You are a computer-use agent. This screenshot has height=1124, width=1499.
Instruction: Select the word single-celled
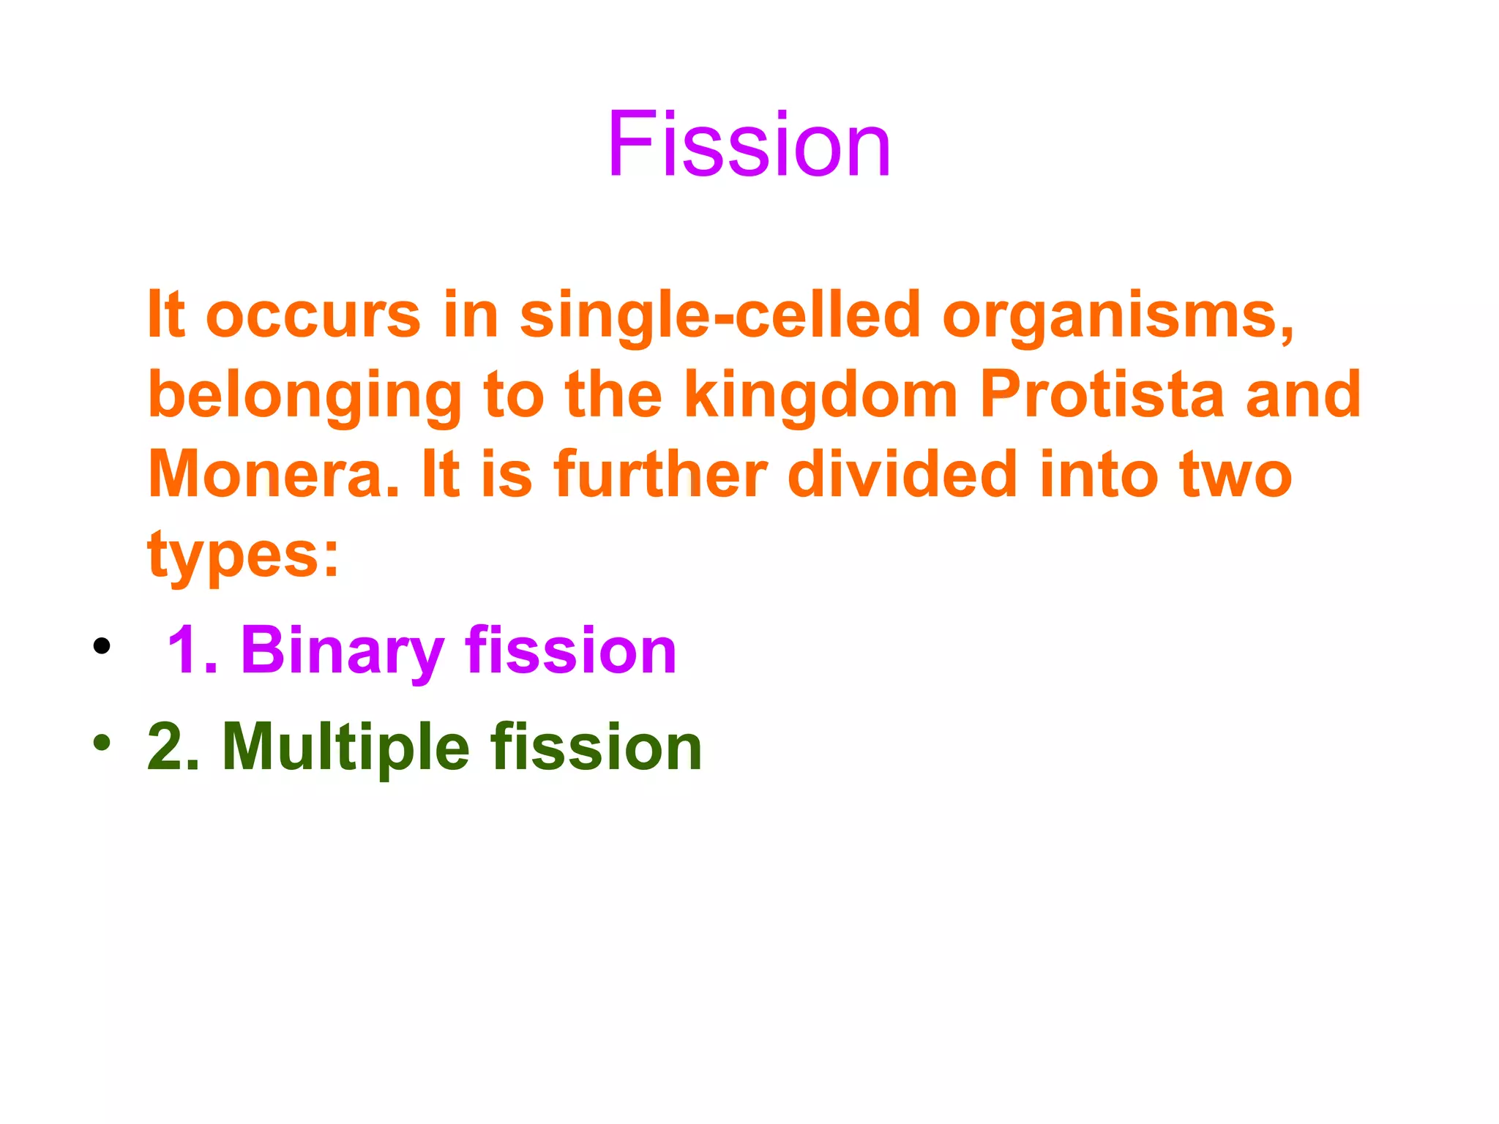[x=719, y=316]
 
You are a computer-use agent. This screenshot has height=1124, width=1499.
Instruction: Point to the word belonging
[x=304, y=397]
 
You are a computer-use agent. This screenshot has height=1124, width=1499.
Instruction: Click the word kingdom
[x=820, y=397]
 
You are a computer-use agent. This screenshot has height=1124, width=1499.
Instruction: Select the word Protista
[x=1102, y=395]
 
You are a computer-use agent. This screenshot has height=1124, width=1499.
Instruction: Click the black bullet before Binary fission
[x=102, y=645]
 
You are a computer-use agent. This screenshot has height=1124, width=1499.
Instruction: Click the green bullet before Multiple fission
[x=102, y=743]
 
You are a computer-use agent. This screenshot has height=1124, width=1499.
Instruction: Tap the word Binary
[x=342, y=651]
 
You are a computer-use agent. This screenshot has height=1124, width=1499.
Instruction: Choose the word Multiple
[x=345, y=747]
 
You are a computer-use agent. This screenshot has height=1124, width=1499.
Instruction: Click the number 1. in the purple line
[x=192, y=651]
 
